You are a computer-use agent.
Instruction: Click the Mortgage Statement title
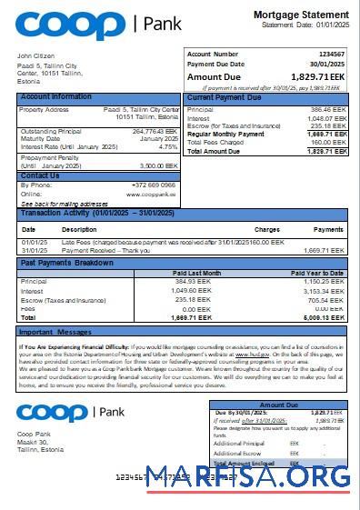pyautogui.click(x=299, y=15)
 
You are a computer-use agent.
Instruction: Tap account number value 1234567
pyautogui.click(x=332, y=55)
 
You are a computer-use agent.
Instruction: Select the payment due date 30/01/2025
pyautogui.click(x=328, y=65)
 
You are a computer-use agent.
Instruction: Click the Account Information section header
pyautogui.click(x=55, y=96)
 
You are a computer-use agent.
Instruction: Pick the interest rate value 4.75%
pyautogui.click(x=168, y=145)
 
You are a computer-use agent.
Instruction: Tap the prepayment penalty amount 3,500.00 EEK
pyautogui.click(x=160, y=166)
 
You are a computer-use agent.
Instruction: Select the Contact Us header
pyautogui.click(x=40, y=175)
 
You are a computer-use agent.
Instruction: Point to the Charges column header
pyautogui.click(x=266, y=229)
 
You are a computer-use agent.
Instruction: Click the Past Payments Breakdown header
pyautogui.click(x=67, y=263)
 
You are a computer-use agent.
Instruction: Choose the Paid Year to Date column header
pyautogui.click(x=317, y=273)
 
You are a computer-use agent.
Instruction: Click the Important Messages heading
pyautogui.click(x=55, y=332)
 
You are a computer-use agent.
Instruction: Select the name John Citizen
pyautogui.click(x=35, y=56)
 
